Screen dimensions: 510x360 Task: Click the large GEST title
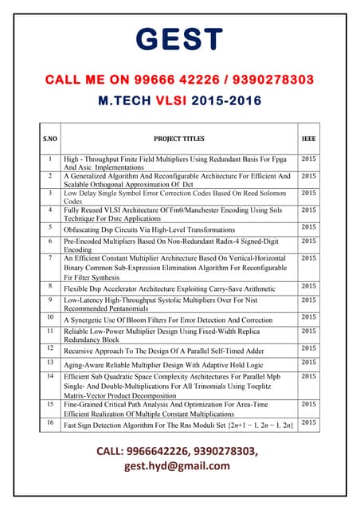pos(179,40)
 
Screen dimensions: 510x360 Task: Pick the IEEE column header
pos(308,139)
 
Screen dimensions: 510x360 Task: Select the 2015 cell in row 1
pos(308,159)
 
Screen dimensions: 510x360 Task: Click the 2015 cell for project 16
pos(308,422)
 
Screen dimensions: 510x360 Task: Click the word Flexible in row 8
pos(78,287)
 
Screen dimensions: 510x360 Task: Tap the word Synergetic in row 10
pos(93,320)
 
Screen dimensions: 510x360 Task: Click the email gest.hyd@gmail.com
pos(180,467)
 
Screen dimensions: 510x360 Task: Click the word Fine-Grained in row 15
pos(86,405)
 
